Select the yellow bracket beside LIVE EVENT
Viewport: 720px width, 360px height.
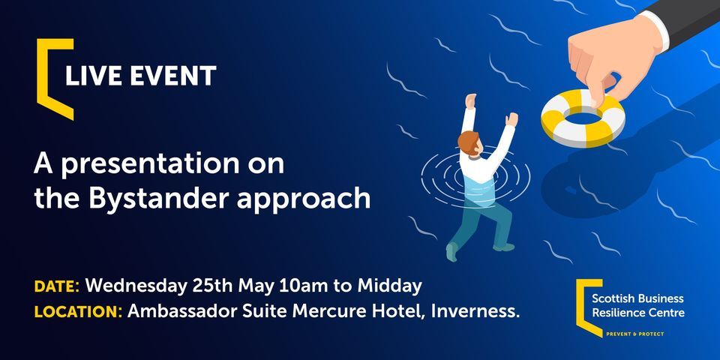[x=49, y=78]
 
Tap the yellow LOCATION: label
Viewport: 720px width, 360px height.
[x=78, y=311]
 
